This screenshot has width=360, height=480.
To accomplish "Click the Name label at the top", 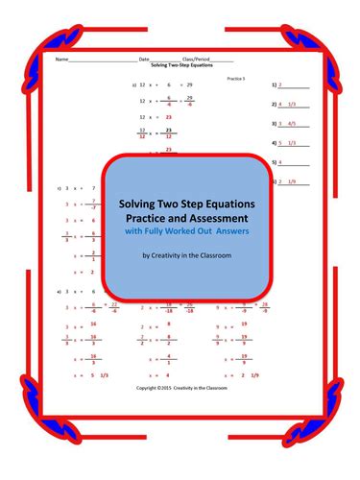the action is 60,60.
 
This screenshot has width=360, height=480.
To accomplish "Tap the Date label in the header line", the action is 144,60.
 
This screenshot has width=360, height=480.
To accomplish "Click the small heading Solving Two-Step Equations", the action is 180,65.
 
